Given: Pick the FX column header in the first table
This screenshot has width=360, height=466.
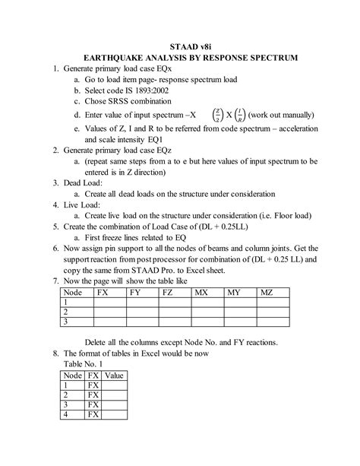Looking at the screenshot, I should tap(105, 292).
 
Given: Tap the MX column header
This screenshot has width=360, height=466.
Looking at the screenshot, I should tap(204, 292).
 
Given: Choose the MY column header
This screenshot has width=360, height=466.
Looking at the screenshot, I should tap(237, 292).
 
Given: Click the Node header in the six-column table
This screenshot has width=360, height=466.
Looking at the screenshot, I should tap(73, 292).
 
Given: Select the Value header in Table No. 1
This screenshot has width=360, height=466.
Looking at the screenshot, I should tap(115, 376).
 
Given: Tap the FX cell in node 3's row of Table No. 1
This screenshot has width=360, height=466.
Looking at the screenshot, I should tap(93, 405).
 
